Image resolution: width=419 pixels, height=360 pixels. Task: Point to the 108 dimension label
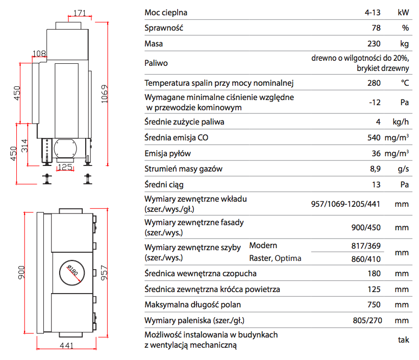(x=39, y=53)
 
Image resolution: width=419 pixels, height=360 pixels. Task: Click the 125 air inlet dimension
(x=64, y=167)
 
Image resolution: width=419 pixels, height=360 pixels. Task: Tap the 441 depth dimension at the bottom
(x=66, y=346)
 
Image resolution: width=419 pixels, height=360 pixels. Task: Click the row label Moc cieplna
(x=166, y=12)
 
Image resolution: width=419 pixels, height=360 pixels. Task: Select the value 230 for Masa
(x=374, y=43)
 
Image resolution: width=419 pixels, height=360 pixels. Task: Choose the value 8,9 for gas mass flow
(x=375, y=169)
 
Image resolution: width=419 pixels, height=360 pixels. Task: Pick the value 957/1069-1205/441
(x=346, y=204)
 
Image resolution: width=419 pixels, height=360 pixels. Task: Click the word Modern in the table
(x=263, y=246)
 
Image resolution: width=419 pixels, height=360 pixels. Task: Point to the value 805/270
(x=364, y=320)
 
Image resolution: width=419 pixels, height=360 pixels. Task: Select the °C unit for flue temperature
(x=404, y=83)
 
